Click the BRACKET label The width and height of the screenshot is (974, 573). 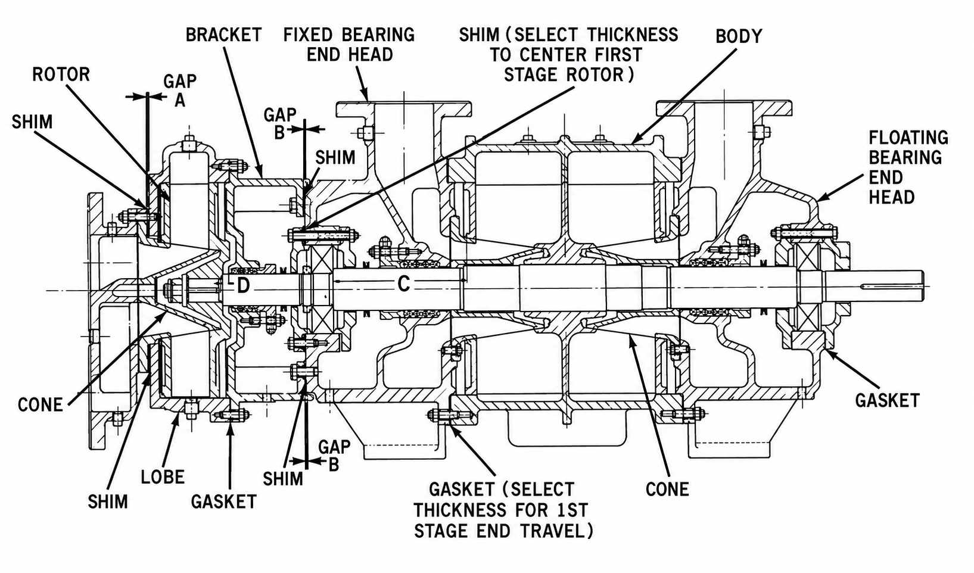point(223,35)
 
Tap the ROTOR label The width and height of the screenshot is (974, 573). point(61,75)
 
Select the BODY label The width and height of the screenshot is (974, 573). point(739,36)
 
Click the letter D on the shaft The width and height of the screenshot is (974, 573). point(243,286)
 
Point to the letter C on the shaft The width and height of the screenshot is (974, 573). point(403,284)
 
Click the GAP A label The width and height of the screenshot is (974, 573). point(180,91)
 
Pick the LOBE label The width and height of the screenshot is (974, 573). point(163,477)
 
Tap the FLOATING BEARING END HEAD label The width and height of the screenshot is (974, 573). point(908,167)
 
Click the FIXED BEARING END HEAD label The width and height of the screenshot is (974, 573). point(349,45)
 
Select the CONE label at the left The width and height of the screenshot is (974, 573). point(40,405)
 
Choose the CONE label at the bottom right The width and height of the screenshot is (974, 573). point(667,490)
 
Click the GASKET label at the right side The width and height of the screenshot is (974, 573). point(888,400)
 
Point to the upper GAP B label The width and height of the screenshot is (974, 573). point(280,123)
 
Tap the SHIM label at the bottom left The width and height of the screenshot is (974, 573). point(108,502)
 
